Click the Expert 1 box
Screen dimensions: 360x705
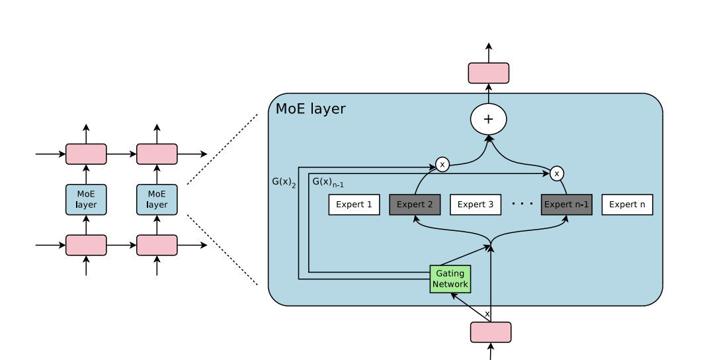(x=354, y=204)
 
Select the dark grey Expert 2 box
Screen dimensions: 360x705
(x=415, y=204)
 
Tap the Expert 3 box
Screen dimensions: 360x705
(x=476, y=204)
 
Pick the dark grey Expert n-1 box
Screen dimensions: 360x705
(x=566, y=204)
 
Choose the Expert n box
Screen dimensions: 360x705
(x=627, y=204)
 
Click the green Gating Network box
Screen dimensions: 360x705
(x=450, y=279)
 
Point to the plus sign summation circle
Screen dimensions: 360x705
(x=488, y=120)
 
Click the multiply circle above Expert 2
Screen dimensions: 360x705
(x=442, y=164)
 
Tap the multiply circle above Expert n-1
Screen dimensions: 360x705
(x=557, y=173)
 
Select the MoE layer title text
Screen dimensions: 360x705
(x=310, y=109)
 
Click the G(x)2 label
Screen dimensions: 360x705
(x=284, y=181)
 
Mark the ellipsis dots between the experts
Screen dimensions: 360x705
(x=522, y=204)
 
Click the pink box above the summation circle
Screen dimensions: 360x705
(x=489, y=73)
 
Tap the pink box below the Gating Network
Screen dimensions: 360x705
(x=490, y=332)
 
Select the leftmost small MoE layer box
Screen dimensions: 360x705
(x=86, y=199)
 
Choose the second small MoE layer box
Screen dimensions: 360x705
(x=157, y=199)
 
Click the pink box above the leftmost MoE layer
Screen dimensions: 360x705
(x=86, y=154)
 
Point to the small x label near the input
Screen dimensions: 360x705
(x=487, y=313)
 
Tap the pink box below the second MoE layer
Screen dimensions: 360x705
(x=157, y=245)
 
